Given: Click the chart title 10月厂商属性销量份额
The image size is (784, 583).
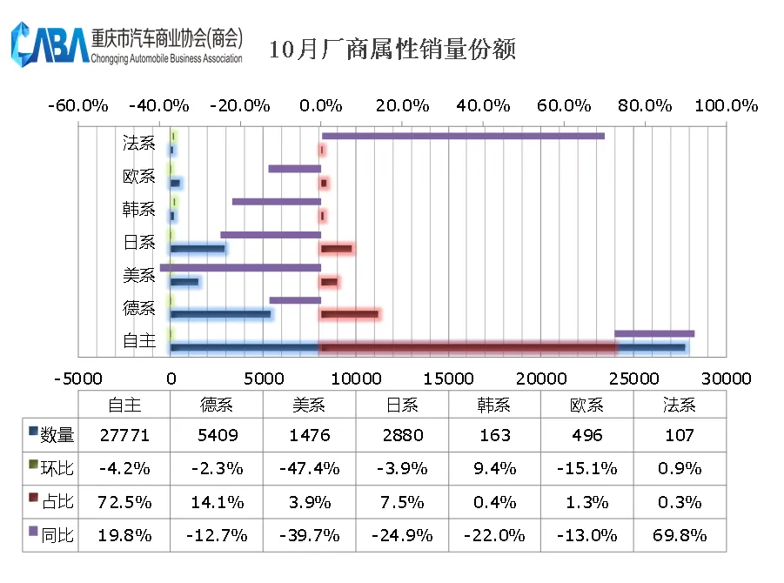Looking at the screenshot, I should (x=392, y=49).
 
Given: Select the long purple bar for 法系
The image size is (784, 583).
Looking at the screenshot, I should (x=463, y=136).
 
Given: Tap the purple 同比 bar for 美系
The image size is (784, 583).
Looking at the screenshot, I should (x=241, y=267).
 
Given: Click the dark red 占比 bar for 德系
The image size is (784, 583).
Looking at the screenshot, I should (x=350, y=314).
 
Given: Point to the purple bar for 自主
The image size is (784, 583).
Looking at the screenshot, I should (x=654, y=333).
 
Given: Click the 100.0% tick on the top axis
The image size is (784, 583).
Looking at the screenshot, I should (x=726, y=106).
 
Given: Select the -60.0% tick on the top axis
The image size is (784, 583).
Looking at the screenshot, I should (x=78, y=106).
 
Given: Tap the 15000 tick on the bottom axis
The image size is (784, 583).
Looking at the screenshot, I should (x=449, y=379).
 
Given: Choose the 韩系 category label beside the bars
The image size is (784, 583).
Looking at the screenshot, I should (x=139, y=210).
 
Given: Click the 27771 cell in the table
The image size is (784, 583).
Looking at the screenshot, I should (x=124, y=435).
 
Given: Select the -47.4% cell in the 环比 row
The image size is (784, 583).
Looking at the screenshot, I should (x=309, y=468).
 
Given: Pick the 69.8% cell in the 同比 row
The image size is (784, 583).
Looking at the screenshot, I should (x=680, y=535).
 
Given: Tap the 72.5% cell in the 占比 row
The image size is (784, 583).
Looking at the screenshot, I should (x=124, y=502).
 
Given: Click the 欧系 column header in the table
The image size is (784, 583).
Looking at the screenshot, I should (x=587, y=405).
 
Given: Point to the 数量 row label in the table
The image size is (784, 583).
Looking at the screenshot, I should (x=51, y=435).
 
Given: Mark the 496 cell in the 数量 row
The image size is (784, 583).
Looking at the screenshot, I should (x=587, y=435).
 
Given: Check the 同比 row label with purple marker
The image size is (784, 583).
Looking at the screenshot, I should (x=51, y=535).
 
